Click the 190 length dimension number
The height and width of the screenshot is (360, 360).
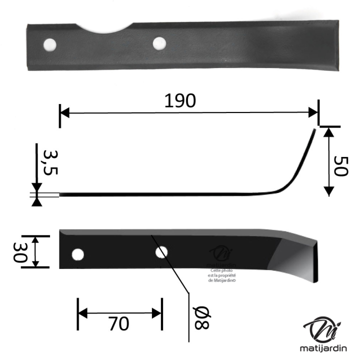(180, 101)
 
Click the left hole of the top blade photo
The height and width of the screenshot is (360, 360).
(49, 45)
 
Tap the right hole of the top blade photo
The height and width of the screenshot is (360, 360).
(159, 42)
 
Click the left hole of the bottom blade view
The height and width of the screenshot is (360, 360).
(77, 254)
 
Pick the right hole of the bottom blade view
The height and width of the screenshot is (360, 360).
(161, 252)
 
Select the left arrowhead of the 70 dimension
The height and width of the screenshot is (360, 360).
(81, 314)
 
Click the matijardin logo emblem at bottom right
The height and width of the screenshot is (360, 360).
(323, 329)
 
